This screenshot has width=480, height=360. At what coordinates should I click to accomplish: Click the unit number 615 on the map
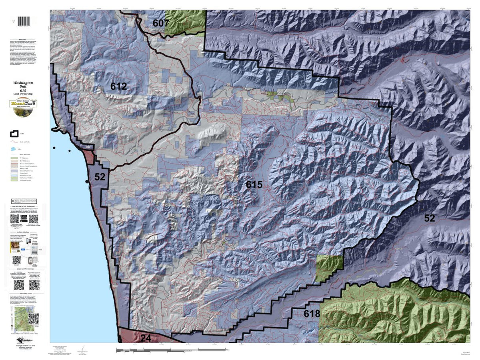254,185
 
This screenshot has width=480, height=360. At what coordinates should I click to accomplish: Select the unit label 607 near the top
160,23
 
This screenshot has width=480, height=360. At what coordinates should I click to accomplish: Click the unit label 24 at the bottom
146,338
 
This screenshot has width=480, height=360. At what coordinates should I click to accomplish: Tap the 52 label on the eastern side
430,218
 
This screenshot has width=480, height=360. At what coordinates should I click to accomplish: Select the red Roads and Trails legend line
14,141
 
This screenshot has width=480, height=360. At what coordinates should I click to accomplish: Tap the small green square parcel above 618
329,268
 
